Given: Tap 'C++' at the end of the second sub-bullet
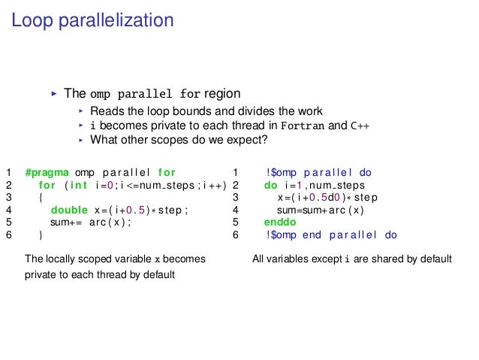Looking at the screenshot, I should pos(360,126).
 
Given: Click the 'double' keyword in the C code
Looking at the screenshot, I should pos(69,210).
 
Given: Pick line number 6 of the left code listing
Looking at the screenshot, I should pos(8,235).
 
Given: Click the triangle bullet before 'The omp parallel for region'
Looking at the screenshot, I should pos(53,95).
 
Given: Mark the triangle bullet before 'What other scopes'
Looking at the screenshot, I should pos(80,140).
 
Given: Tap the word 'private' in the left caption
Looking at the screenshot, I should pos(41,274).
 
